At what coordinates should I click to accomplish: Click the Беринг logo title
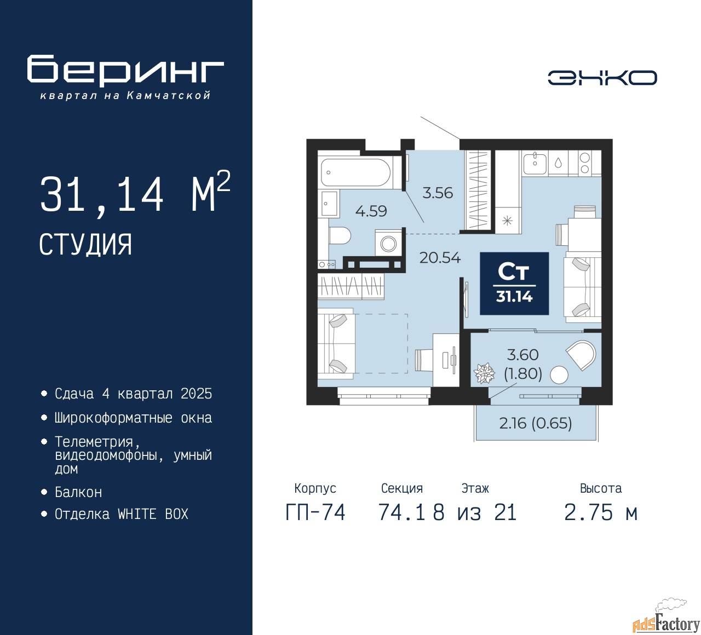(125, 70)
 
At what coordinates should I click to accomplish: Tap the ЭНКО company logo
(602, 78)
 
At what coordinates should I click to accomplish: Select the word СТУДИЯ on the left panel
(85, 245)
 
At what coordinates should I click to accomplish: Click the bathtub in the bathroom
(355, 173)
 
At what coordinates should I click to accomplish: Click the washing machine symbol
(388, 243)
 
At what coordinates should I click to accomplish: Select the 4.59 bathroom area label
(371, 211)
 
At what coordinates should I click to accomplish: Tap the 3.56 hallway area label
(438, 193)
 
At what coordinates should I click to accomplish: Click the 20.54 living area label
(440, 257)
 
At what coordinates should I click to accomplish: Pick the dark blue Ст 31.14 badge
(514, 284)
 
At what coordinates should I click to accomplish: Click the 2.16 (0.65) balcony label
(535, 423)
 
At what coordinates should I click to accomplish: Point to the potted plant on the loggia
(484, 373)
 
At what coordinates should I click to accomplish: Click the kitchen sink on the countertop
(535, 163)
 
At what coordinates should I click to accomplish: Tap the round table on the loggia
(559, 375)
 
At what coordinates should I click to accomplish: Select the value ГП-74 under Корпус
(315, 512)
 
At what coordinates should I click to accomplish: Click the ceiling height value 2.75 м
(600, 512)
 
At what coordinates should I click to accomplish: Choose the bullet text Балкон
(78, 492)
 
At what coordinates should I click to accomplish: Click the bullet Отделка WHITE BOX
(121, 514)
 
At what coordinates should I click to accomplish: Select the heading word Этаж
(475, 488)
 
